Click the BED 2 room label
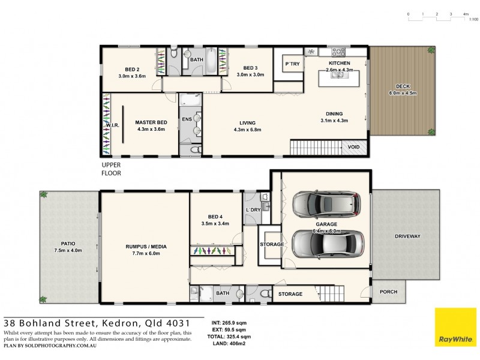[132, 68]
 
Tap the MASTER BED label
[151, 121]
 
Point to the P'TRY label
[292, 64]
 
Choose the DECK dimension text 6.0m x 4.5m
[403, 93]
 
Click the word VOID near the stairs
[353, 147]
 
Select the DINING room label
[334, 113]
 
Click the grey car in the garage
[328, 205]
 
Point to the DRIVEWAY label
[405, 236]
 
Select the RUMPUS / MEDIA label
[146, 247]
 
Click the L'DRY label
[253, 209]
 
